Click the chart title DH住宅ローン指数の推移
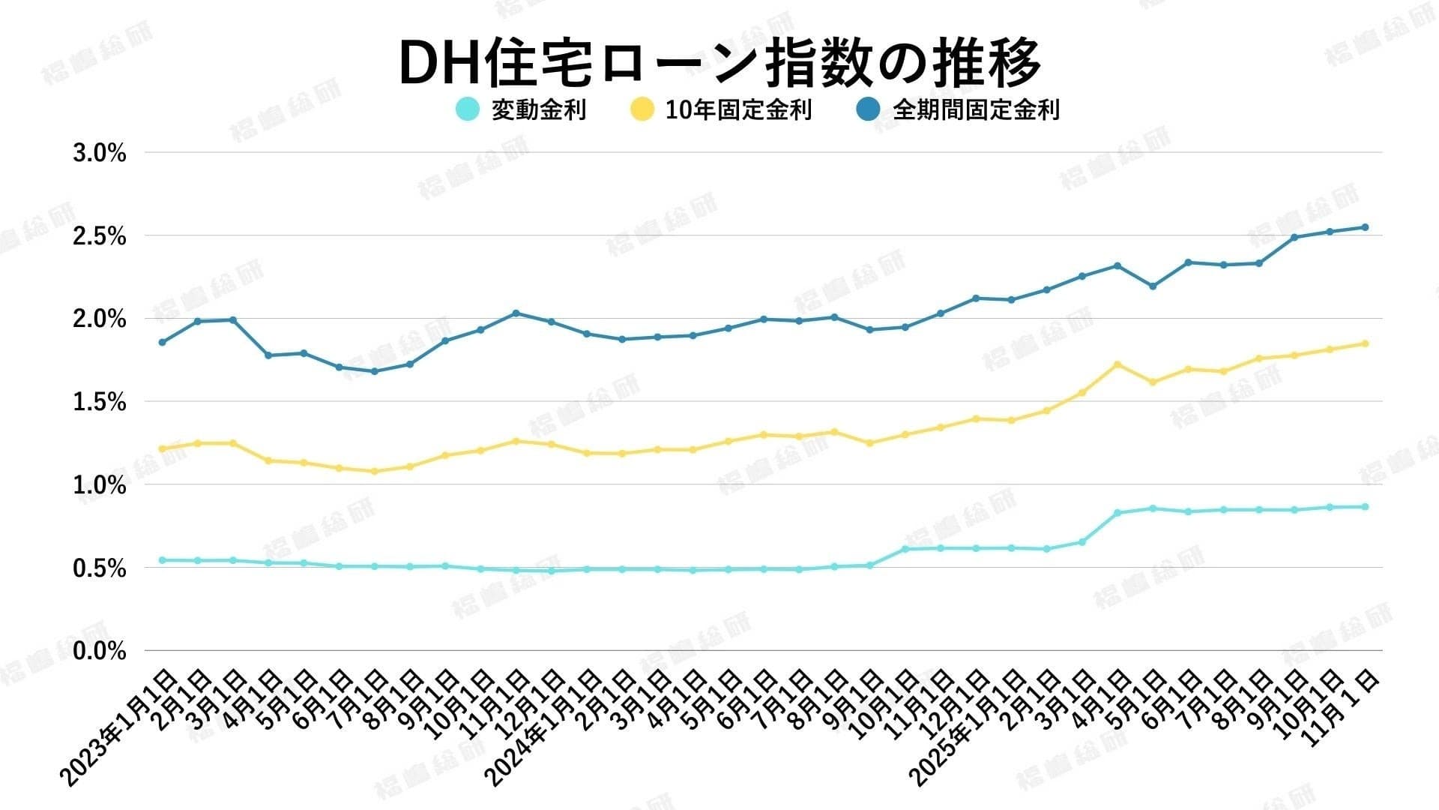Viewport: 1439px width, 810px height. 719,61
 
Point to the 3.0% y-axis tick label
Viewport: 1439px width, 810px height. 99,154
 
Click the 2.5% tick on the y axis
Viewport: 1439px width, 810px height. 99,237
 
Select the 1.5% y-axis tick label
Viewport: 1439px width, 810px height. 99,403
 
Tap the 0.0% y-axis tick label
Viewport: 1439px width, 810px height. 99,651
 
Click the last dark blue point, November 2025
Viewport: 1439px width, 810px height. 1365,227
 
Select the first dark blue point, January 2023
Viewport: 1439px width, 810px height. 162,342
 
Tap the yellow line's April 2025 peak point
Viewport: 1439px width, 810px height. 1117,364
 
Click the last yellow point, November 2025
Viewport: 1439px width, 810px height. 1365,343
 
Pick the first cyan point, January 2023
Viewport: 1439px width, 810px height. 162,560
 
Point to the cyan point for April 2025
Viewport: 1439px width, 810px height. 1117,513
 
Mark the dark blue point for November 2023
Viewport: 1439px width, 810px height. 516,313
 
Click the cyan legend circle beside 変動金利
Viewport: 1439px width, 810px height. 467,109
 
